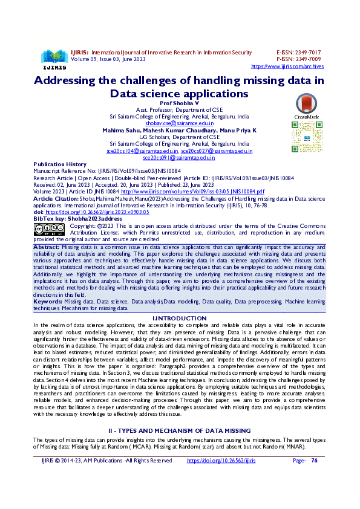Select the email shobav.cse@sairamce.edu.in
click(x=179, y=123)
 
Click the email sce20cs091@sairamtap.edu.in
click(x=179, y=157)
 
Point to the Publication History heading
click(x=60, y=164)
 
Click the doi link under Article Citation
click(x=85, y=213)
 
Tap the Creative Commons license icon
click(x=48, y=229)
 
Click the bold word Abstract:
click(x=47, y=247)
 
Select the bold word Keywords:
click(x=48, y=300)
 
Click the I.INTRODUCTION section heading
click(x=179, y=318)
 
